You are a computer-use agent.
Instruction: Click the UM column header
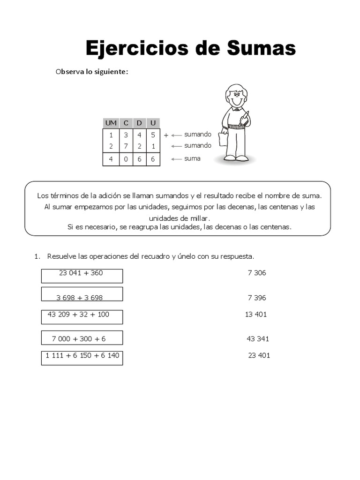point(111,123)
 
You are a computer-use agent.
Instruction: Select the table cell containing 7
point(126,146)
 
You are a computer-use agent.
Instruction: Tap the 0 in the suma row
point(126,159)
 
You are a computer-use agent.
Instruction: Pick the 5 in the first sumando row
point(153,135)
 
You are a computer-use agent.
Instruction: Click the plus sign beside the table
point(166,135)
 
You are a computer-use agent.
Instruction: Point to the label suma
point(192,158)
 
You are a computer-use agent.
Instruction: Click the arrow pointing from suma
point(176,159)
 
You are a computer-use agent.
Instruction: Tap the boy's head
point(236,96)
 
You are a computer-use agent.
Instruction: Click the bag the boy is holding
point(223,139)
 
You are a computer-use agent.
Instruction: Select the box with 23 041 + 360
point(82,276)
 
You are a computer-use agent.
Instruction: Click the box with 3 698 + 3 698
point(82,294)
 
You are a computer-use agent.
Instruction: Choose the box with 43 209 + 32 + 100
point(82,317)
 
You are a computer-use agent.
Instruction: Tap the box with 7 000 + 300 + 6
point(82,337)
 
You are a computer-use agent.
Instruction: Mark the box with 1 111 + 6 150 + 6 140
point(82,358)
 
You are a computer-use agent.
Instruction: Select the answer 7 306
point(257,273)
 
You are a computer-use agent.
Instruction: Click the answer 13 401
point(256,315)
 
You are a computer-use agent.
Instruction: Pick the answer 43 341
point(258,339)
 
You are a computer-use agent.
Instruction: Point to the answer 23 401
point(259,355)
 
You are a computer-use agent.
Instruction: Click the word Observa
point(69,72)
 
